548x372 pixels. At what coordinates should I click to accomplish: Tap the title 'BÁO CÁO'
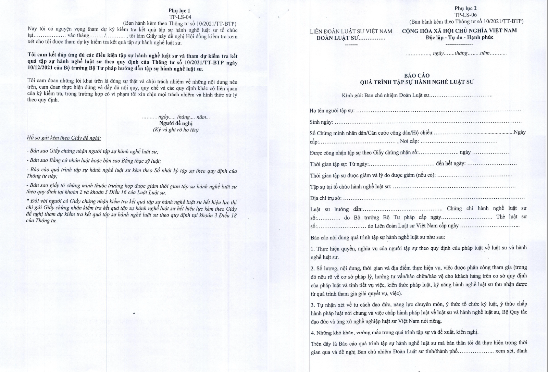[x=416, y=75]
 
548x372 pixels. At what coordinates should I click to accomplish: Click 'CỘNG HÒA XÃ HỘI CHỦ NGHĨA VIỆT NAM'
[x=459, y=31]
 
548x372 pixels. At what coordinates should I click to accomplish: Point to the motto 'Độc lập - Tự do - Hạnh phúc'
[x=459, y=37]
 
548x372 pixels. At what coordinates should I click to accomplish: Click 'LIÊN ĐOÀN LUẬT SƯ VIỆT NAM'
[x=351, y=32]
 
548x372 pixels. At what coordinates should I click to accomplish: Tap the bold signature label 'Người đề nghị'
[x=176, y=123]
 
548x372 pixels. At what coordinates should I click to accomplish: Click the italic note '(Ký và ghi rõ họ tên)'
[x=176, y=130]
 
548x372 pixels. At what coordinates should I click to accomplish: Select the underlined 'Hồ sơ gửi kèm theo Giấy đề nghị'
[x=64, y=138]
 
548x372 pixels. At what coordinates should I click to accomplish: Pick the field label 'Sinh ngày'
[x=321, y=122]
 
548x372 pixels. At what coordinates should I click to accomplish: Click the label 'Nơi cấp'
[x=409, y=141]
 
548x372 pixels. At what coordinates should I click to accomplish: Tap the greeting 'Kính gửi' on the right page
[x=352, y=96]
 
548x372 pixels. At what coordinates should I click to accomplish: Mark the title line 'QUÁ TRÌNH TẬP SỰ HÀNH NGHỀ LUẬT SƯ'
[x=416, y=82]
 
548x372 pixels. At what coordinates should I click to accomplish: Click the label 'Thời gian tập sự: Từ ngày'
[x=339, y=164]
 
